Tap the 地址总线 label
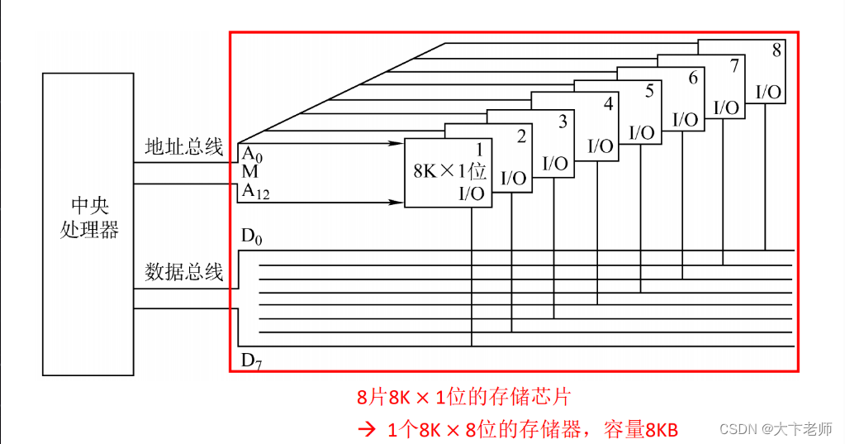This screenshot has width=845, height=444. click(x=183, y=148)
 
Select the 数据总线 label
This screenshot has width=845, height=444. click(x=183, y=272)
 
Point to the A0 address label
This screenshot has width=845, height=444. click(x=251, y=153)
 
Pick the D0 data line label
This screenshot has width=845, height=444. click(x=251, y=236)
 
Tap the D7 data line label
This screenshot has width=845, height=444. click(x=251, y=360)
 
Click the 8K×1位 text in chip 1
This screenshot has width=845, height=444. click(x=449, y=172)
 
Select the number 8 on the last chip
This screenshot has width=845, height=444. click(x=776, y=50)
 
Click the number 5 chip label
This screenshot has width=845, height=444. click(x=649, y=91)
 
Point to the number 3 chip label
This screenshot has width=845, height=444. click(x=563, y=122)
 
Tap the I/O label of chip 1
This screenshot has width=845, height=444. click(x=472, y=194)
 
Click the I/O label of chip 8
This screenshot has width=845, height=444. click(x=768, y=92)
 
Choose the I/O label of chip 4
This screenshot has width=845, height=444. click(x=601, y=146)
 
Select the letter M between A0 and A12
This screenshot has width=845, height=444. click(x=249, y=172)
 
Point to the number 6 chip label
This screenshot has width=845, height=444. click(x=692, y=78)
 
